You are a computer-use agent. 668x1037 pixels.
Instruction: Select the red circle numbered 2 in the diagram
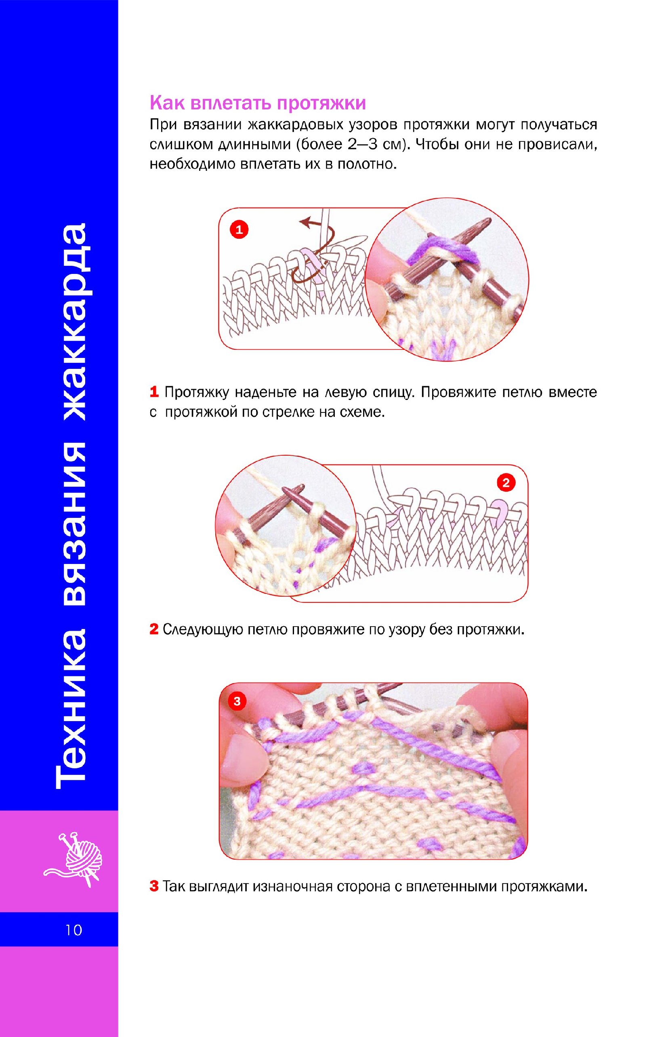(x=506, y=482)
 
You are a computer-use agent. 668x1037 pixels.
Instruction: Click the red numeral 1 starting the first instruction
(x=154, y=392)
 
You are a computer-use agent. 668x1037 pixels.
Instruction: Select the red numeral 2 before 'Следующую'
(x=154, y=629)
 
